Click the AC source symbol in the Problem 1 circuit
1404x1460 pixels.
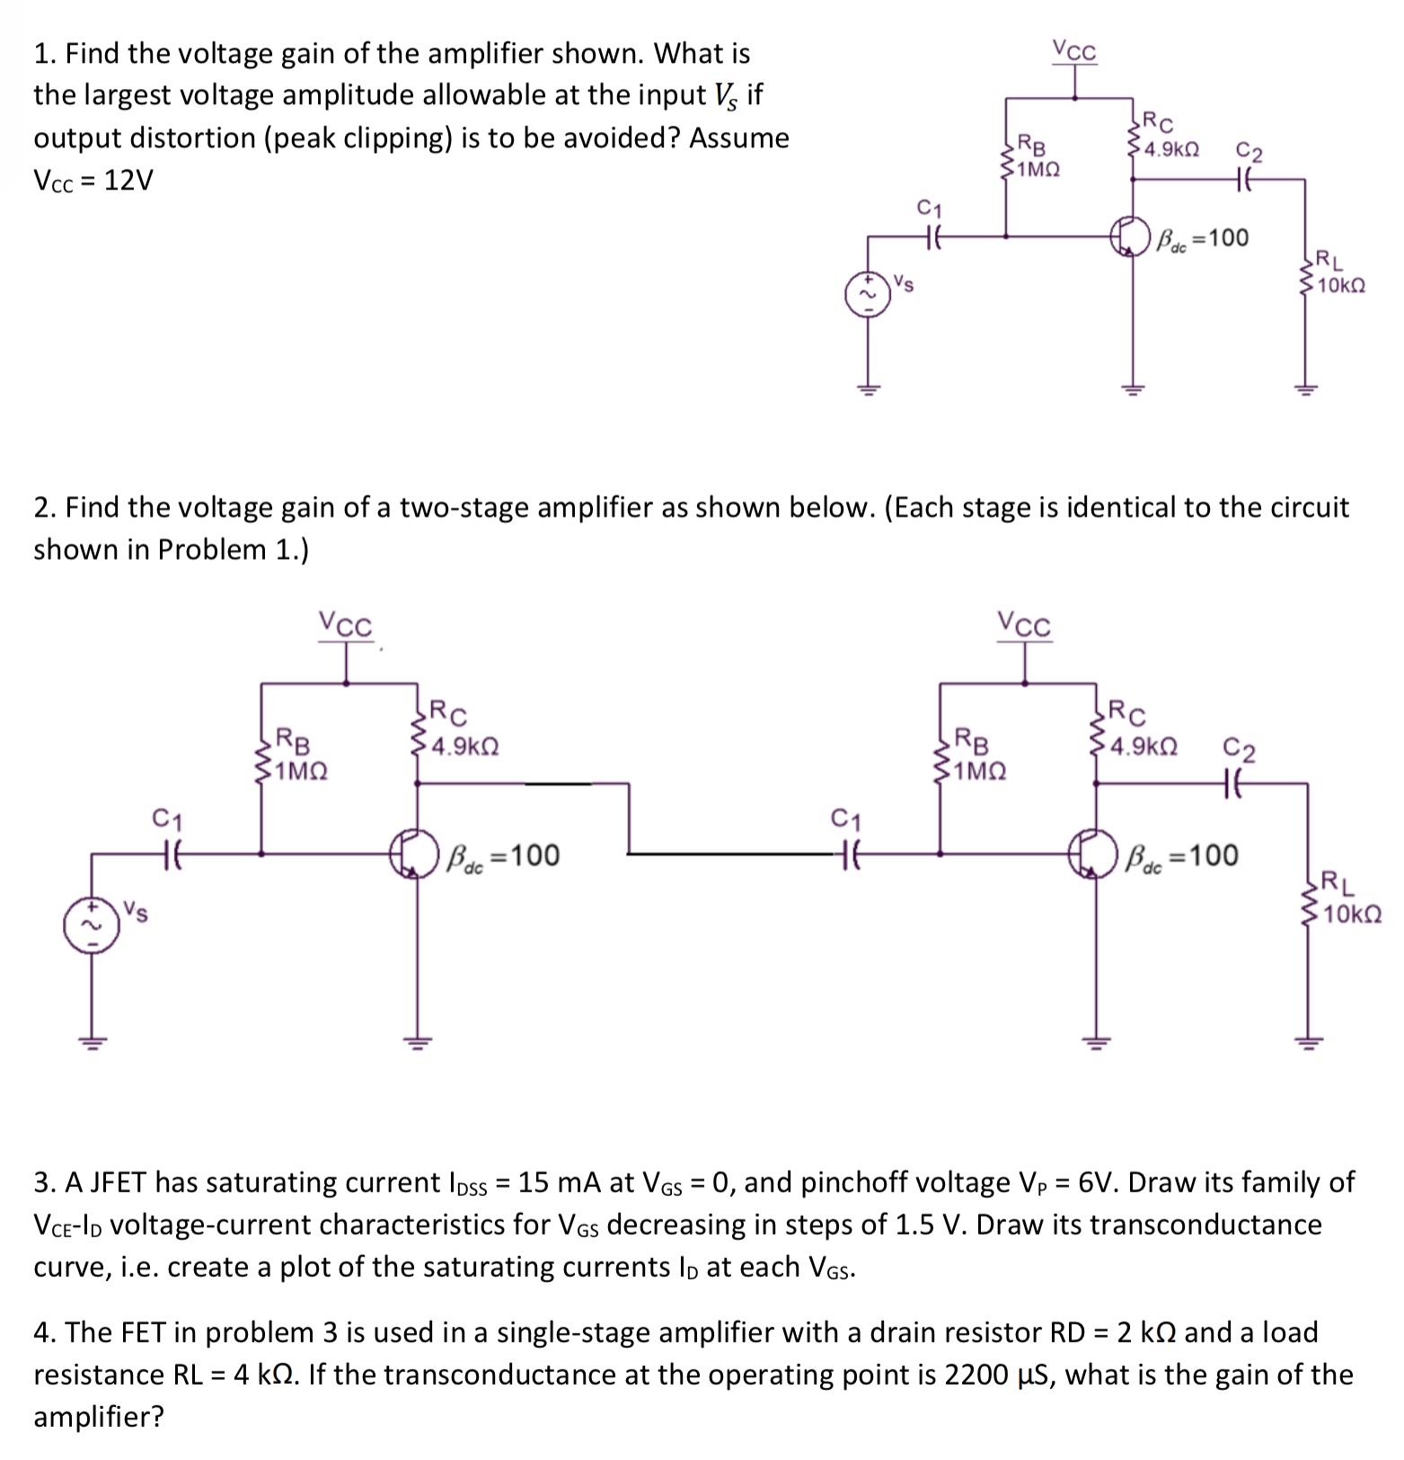(x=868, y=295)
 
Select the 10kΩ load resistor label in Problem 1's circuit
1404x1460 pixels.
(x=1342, y=286)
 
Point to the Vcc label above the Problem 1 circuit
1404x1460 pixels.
(x=1074, y=52)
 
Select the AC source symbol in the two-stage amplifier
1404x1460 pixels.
(x=91, y=925)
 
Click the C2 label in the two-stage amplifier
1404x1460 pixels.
(x=1240, y=748)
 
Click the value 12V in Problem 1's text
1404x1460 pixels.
(x=128, y=181)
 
